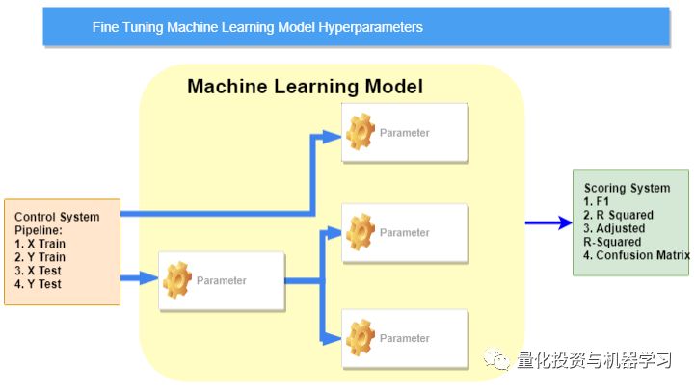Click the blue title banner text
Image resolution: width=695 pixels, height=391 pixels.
point(257,27)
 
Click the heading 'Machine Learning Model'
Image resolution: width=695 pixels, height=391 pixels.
point(305,87)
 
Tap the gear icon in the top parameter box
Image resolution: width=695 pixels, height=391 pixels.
point(360,132)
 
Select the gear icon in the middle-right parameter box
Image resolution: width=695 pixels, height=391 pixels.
point(360,232)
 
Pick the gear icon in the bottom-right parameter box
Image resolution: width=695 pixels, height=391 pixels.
point(360,337)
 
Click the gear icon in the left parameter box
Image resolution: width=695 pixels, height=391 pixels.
point(177,280)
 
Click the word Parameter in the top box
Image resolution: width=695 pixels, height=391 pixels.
point(405,133)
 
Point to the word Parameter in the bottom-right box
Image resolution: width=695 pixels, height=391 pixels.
point(405,338)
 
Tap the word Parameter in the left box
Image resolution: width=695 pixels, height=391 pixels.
point(222,281)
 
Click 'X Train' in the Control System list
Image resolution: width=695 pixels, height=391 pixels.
point(46,245)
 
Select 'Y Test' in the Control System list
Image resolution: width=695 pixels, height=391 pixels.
point(43,285)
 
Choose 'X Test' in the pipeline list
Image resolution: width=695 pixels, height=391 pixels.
point(43,272)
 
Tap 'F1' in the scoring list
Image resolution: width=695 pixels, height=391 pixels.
point(603,201)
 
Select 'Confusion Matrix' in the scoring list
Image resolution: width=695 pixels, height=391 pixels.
point(642,255)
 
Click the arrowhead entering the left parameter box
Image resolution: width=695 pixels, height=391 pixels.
point(148,278)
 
